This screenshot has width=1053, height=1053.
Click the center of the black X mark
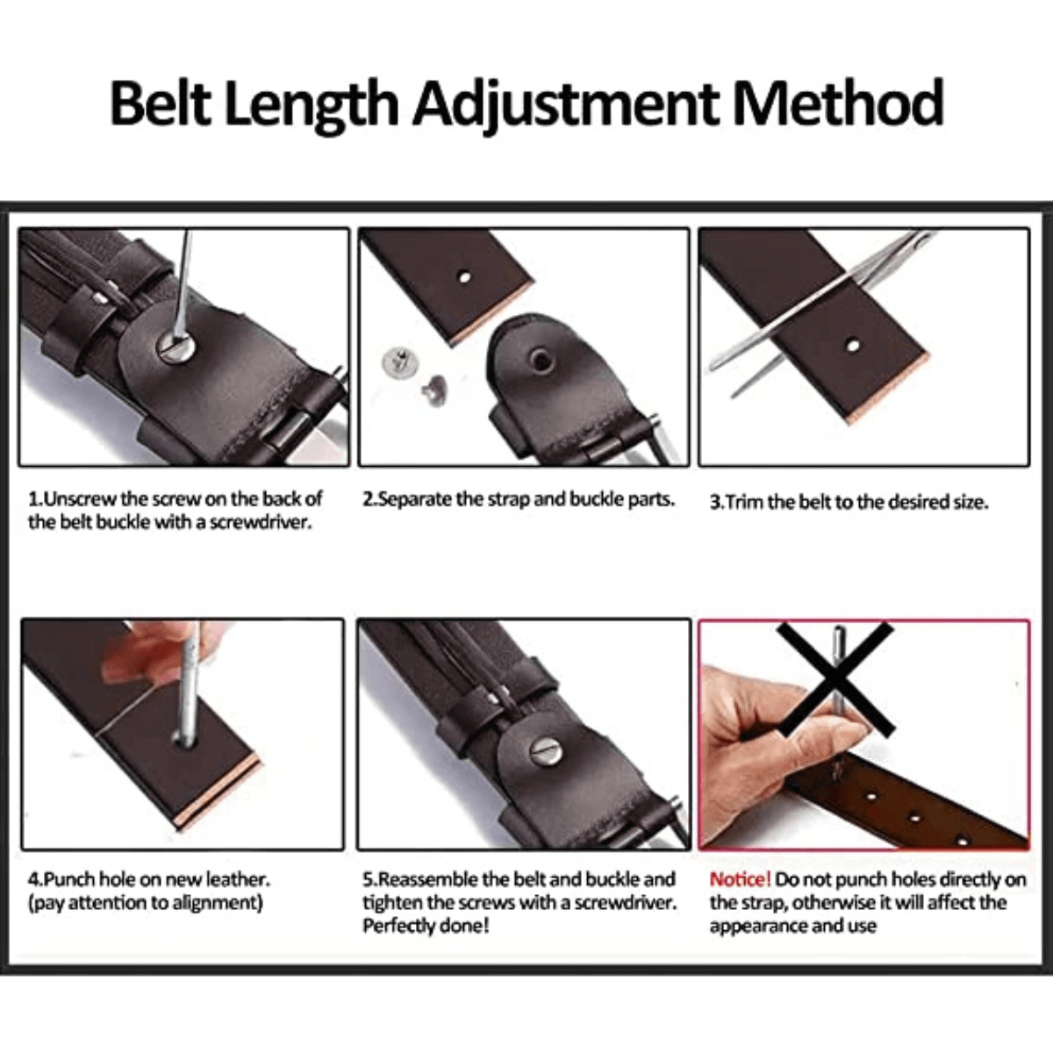coord(836,679)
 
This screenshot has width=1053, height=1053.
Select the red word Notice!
coord(740,879)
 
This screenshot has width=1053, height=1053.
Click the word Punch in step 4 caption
coord(69,879)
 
